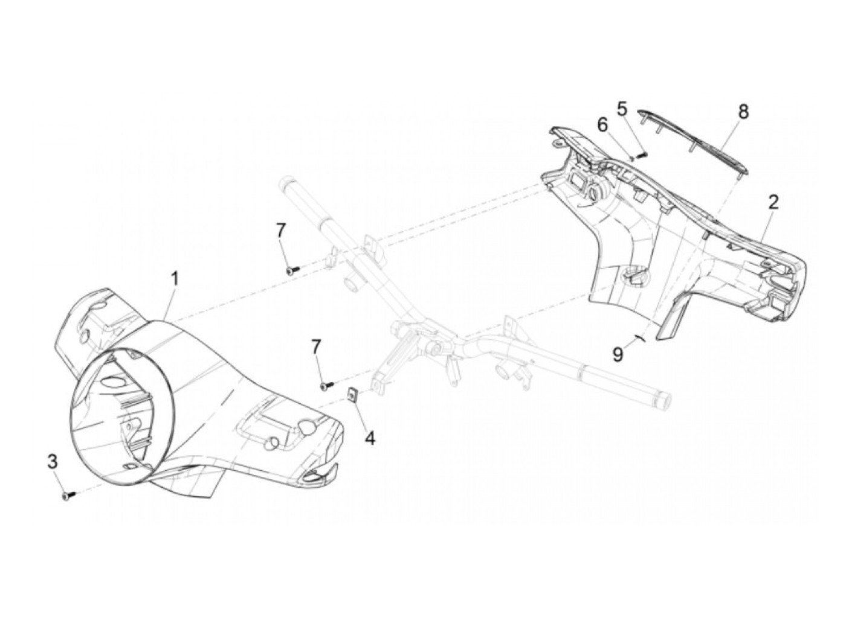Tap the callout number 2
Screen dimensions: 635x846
coord(772,203)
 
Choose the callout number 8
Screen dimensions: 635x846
coord(726,111)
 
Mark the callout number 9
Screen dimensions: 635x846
coord(617,354)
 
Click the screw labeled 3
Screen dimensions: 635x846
coord(67,495)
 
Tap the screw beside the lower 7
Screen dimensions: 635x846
coord(326,384)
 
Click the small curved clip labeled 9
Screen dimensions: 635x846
coord(639,339)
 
